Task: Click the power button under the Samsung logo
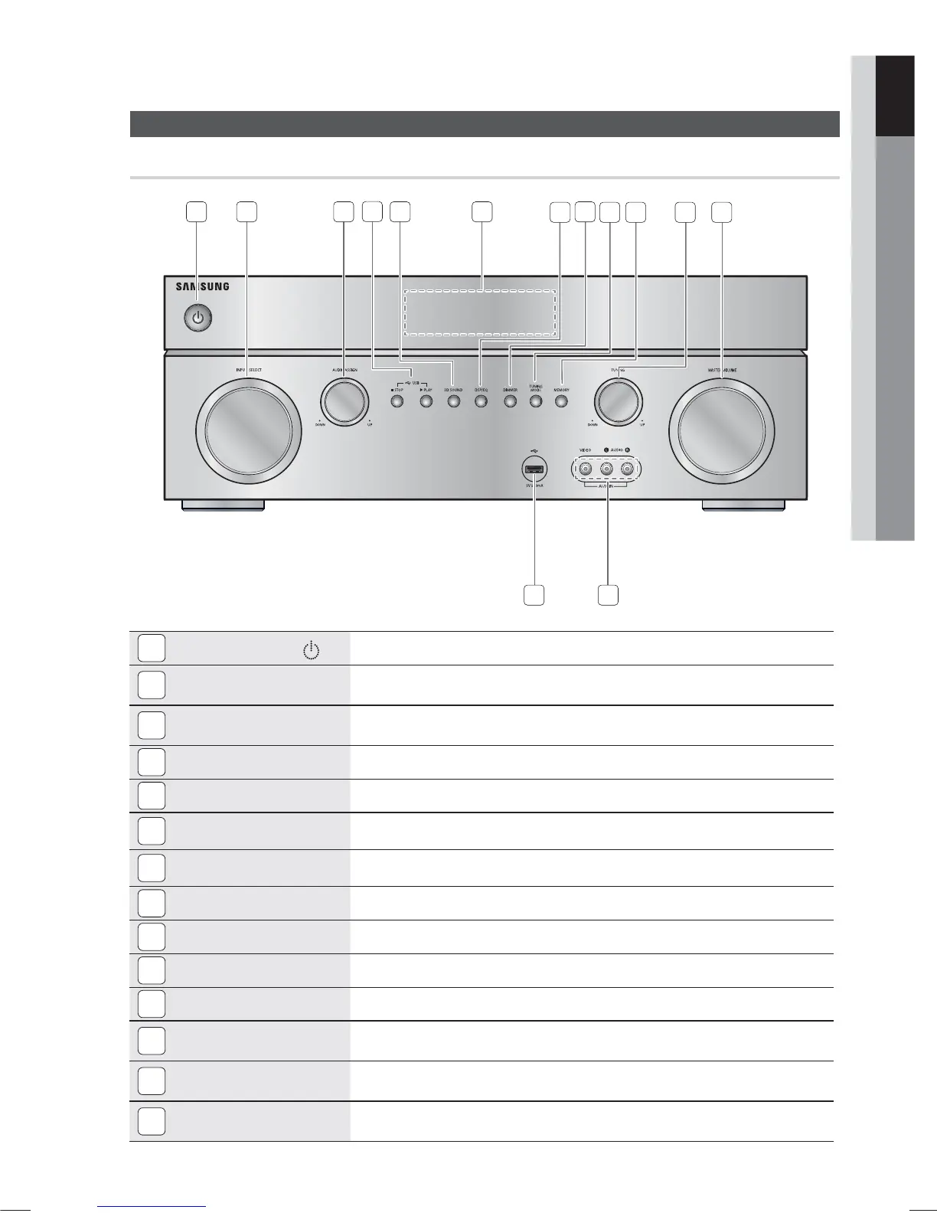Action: click(198, 317)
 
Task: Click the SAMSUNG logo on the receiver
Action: click(202, 287)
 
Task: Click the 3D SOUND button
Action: click(454, 401)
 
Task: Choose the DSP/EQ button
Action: click(481, 401)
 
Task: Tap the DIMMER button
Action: click(510, 401)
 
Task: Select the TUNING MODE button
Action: click(536, 401)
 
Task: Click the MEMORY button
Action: click(562, 401)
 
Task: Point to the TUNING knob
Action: click(618, 401)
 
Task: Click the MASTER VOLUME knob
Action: click(720, 426)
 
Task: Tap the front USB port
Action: click(534, 468)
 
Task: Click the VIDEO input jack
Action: click(586, 468)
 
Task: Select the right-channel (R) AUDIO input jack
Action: click(628, 468)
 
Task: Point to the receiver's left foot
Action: click(223, 505)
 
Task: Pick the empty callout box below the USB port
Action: click(534, 595)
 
